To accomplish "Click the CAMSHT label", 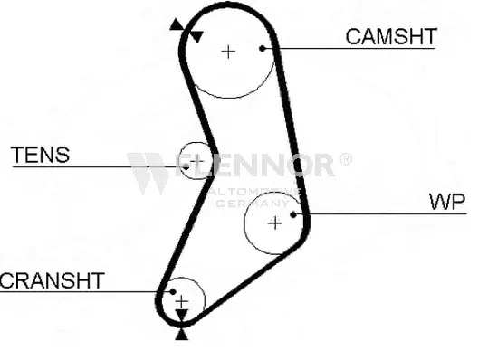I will (391, 36).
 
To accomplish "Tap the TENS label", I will (40, 155).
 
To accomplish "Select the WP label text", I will (446, 201).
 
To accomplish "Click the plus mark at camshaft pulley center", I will (228, 51).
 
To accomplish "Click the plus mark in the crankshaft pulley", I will (182, 299).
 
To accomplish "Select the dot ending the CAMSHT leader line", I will (263, 48).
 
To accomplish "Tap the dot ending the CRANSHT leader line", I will (168, 292).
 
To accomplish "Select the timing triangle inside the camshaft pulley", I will (194, 35).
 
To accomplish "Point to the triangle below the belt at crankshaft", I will (182, 334).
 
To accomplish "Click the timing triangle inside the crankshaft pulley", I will (182, 315).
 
